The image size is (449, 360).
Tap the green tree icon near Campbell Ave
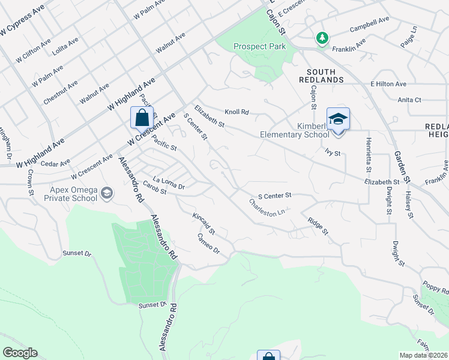pos(323,38)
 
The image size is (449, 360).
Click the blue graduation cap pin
pos(338,119)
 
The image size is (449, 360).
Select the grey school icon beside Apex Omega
pos(107,193)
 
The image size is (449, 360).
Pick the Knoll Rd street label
pos(237,112)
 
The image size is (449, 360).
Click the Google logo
pos(20,353)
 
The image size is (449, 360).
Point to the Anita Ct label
pos(409,100)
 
